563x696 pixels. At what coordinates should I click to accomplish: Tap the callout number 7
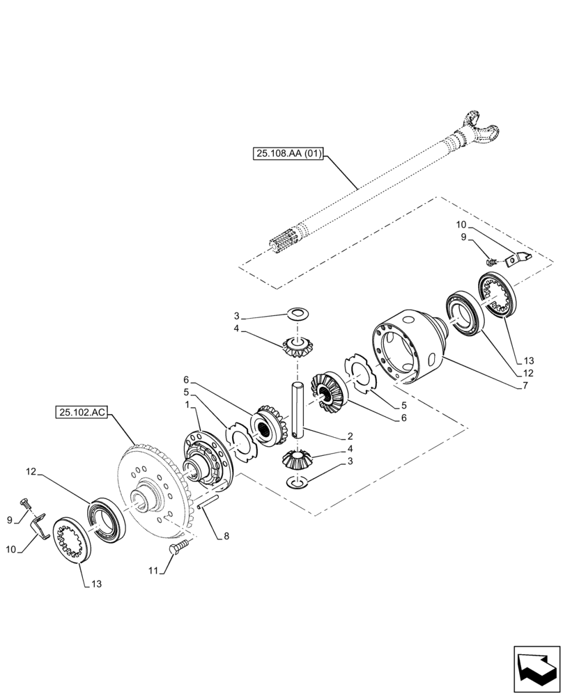520,386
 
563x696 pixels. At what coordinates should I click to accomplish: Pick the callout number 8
226,537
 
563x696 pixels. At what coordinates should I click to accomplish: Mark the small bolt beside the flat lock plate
491,262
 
